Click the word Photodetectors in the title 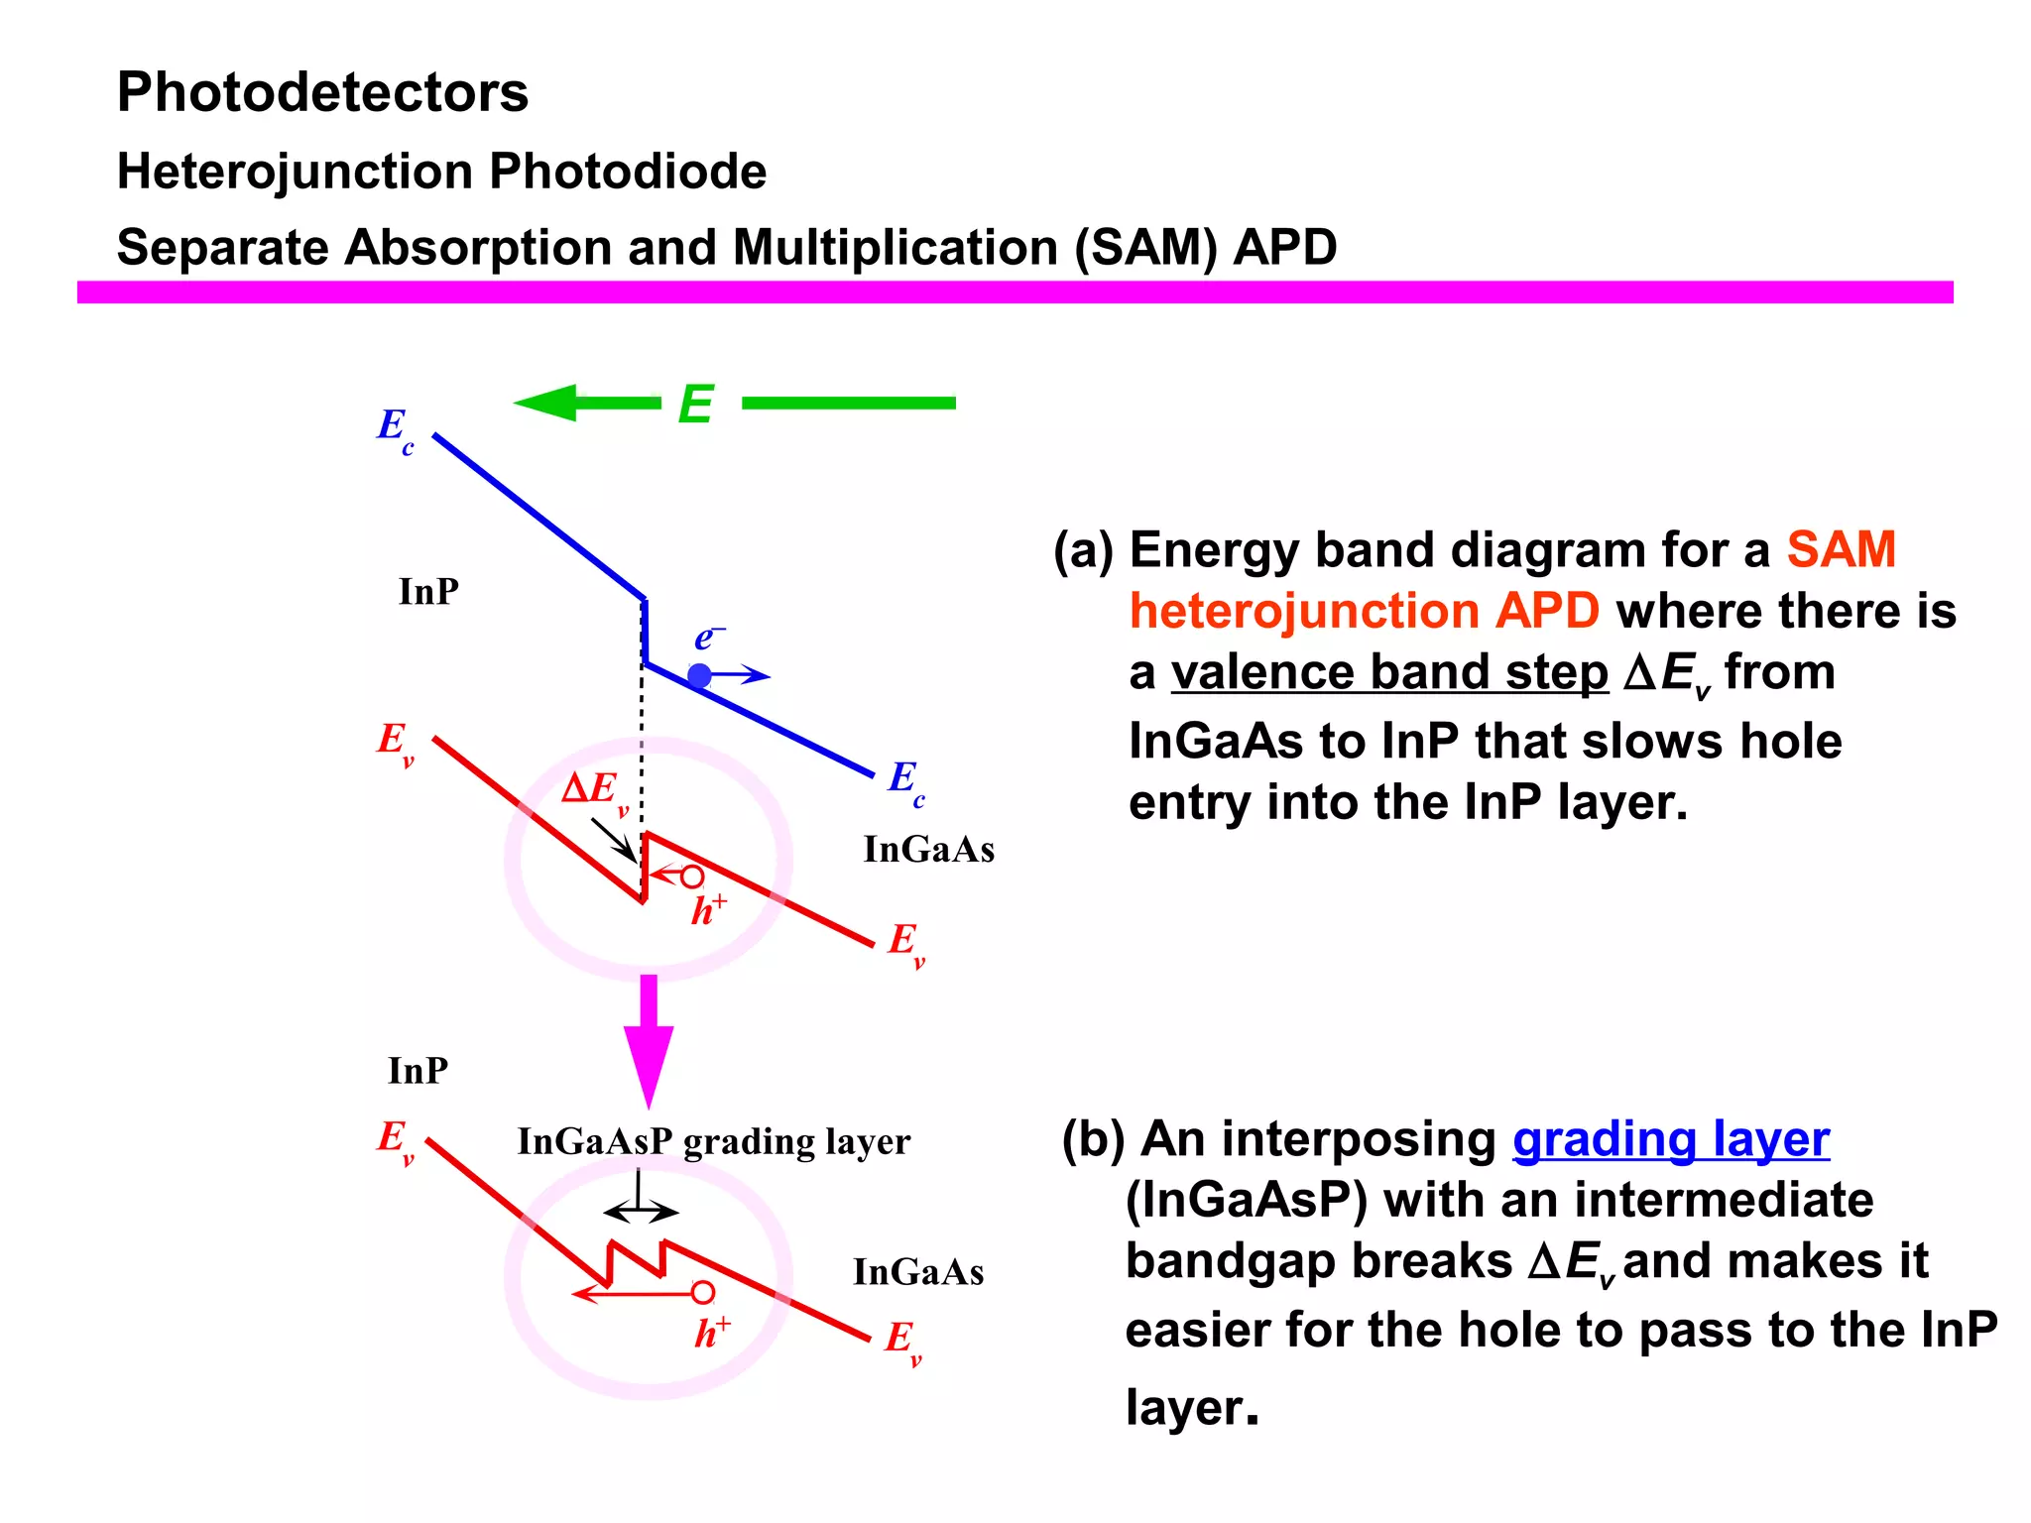[322, 92]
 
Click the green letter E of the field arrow [695, 405]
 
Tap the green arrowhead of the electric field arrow [546, 403]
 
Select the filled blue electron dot [699, 676]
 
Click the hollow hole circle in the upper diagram [692, 877]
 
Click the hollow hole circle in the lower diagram [703, 1292]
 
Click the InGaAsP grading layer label [713, 1141]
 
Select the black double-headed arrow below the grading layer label [641, 1212]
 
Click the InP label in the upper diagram [428, 592]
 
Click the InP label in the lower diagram [418, 1071]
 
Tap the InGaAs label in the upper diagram [928, 850]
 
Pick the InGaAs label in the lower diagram [918, 1272]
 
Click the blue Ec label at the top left [395, 428]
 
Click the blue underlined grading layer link [1670, 1139]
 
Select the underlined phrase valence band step [1388, 672]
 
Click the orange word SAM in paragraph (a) [1841, 549]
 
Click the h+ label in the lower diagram [711, 1334]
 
